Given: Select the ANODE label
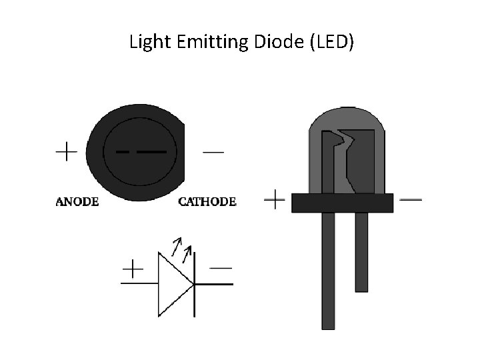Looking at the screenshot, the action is [x=77, y=201].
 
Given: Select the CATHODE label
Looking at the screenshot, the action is [x=207, y=201].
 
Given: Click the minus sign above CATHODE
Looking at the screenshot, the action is [x=213, y=152].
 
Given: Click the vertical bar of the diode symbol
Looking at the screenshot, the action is [x=195, y=287].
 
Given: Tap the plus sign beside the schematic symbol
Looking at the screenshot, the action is [x=133, y=269].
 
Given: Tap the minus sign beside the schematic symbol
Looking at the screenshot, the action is [x=221, y=269].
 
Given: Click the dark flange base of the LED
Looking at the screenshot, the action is [x=342, y=203].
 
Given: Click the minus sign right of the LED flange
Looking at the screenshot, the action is [x=411, y=199].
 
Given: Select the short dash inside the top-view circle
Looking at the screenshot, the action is [x=123, y=151].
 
